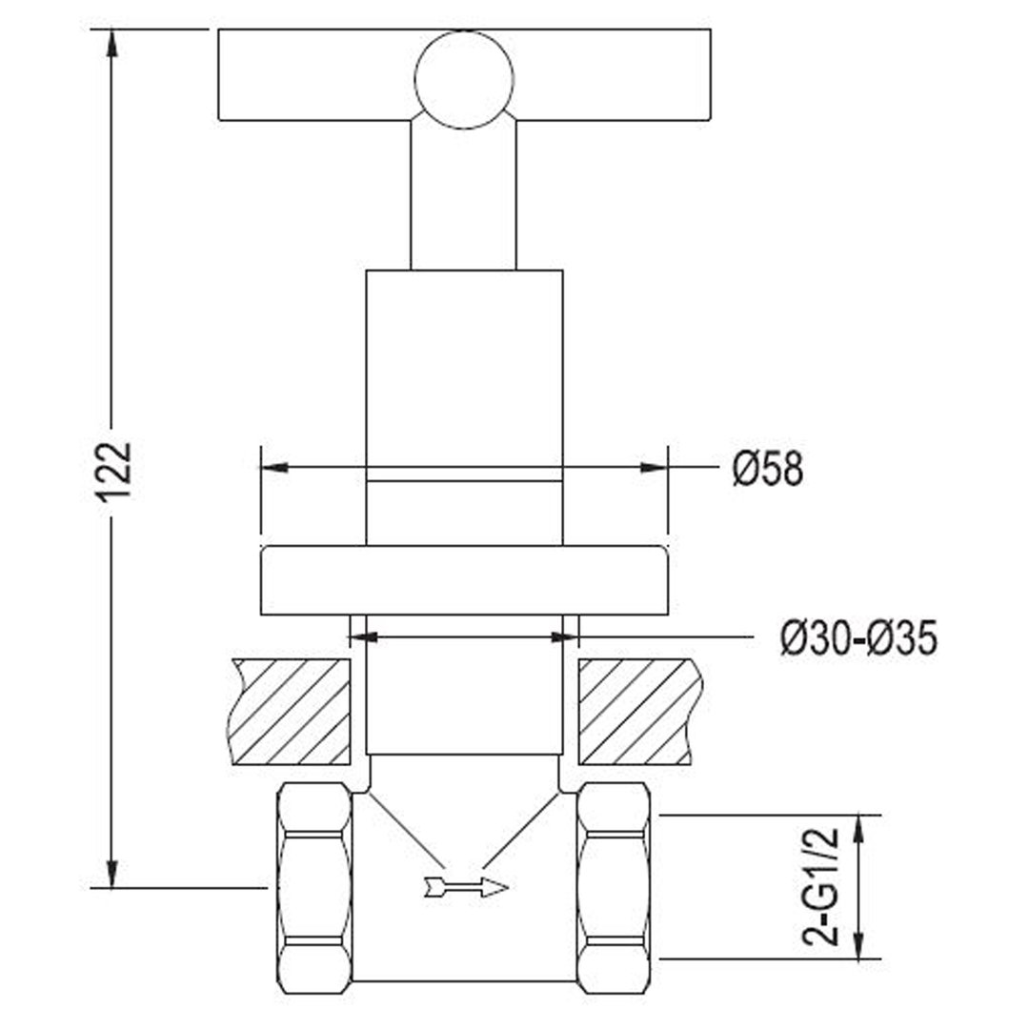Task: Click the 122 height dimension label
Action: click(116, 472)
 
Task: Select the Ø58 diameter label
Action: click(768, 469)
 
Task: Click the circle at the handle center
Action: click(464, 79)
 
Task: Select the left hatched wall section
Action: click(289, 712)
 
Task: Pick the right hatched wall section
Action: click(641, 712)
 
